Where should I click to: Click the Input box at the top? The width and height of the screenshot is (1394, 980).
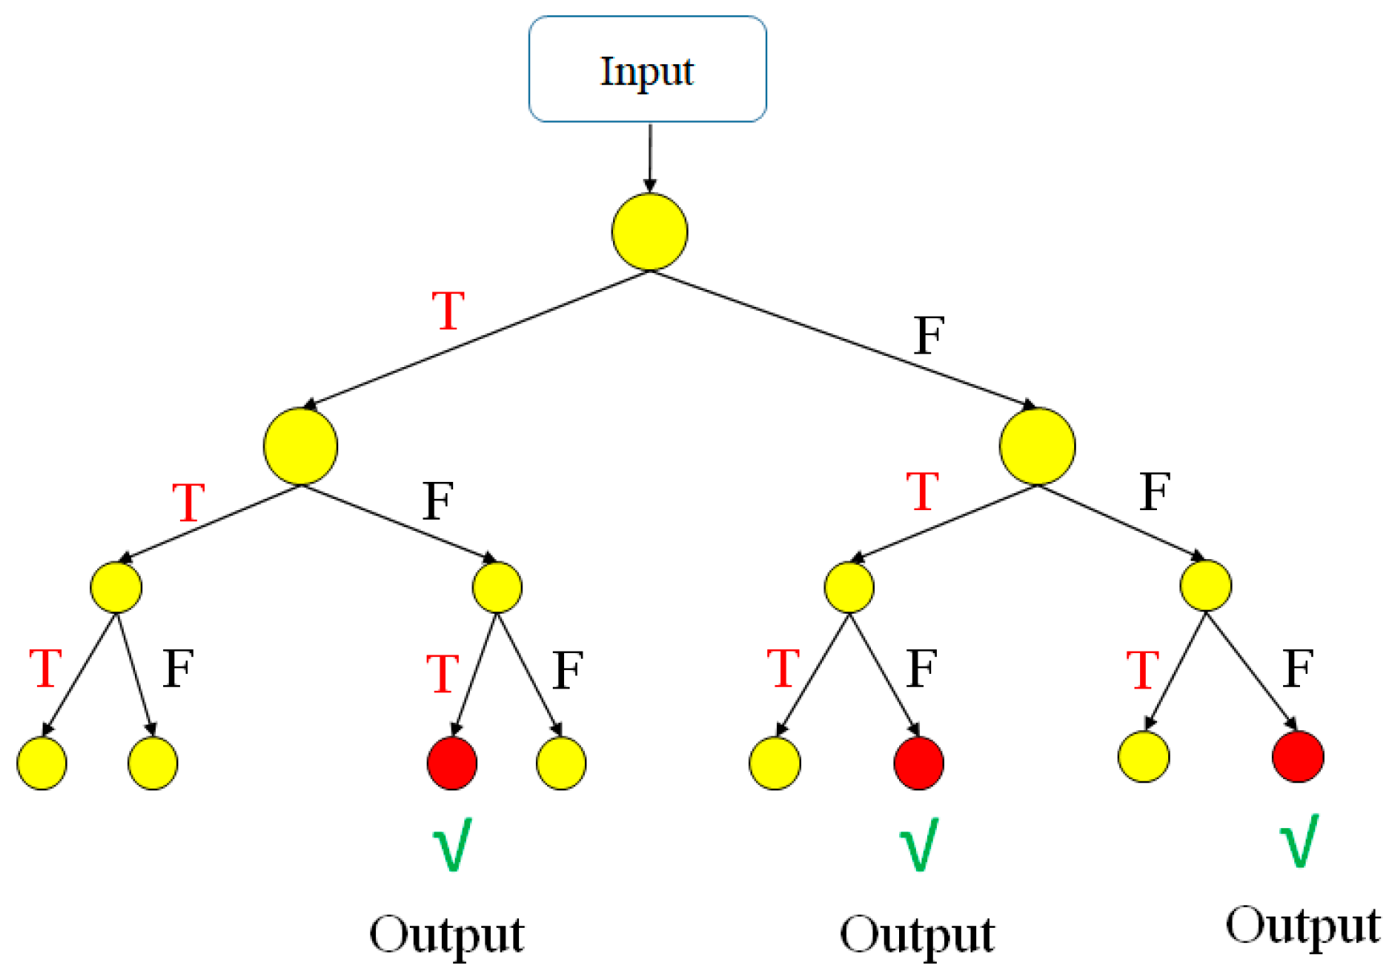[647, 69]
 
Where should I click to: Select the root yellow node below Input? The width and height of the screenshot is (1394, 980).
[649, 232]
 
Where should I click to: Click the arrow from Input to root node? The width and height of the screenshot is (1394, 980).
[649, 157]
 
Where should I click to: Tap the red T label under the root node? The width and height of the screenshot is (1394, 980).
[448, 311]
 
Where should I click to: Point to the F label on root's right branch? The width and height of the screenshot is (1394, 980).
[929, 335]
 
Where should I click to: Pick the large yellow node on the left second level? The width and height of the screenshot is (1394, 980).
[300, 447]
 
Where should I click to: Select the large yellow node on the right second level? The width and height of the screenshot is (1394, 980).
[1036, 447]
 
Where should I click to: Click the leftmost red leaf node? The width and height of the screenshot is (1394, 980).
[452, 763]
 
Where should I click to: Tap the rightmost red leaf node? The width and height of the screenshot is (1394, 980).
[1297, 756]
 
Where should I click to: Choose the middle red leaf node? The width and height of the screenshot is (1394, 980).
[918, 763]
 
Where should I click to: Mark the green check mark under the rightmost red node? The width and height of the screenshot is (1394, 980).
[1298, 840]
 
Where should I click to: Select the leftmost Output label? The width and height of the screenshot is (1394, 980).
[447, 935]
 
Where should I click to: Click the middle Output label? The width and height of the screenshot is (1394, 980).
[917, 935]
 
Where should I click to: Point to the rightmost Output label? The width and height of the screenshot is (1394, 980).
[1302, 925]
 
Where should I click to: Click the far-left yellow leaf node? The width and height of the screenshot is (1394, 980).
[42, 763]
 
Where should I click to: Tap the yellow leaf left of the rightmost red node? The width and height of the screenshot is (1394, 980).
[1143, 756]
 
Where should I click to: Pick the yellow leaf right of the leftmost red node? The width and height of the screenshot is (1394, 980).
[561, 763]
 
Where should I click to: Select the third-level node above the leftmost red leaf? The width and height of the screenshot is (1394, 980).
[497, 587]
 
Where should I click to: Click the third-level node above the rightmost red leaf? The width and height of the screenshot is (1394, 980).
[1205, 586]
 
